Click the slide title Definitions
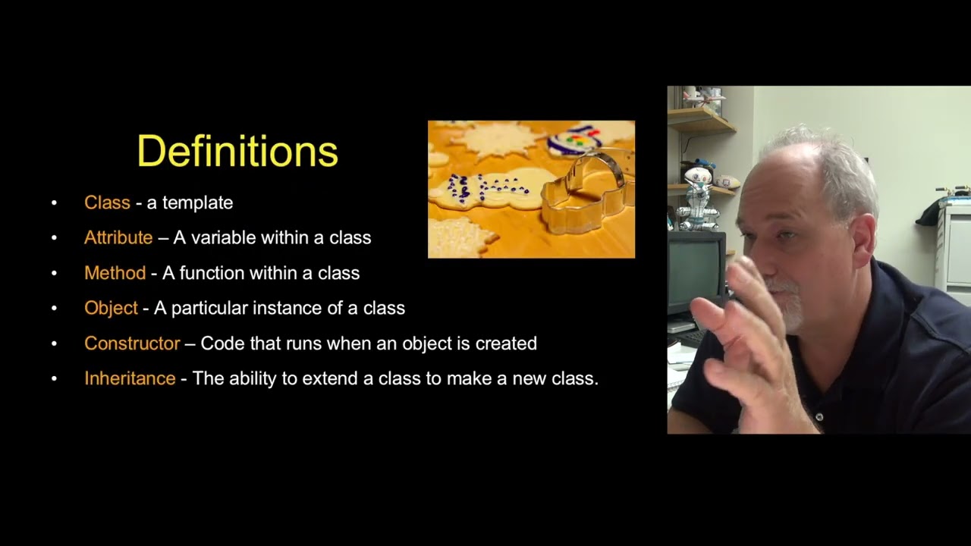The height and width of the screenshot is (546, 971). click(237, 152)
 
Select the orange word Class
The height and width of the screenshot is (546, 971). click(107, 202)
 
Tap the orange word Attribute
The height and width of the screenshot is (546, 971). click(118, 237)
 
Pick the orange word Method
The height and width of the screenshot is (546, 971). click(115, 273)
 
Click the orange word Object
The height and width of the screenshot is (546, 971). click(111, 308)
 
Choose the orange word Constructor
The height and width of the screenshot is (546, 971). click(132, 344)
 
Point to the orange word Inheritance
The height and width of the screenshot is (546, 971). click(130, 378)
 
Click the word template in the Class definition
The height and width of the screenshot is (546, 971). click(197, 202)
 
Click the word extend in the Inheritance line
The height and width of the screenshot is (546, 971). click(330, 378)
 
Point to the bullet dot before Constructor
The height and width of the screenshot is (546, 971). click(54, 344)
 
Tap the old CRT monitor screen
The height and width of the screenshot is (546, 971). click(694, 269)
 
